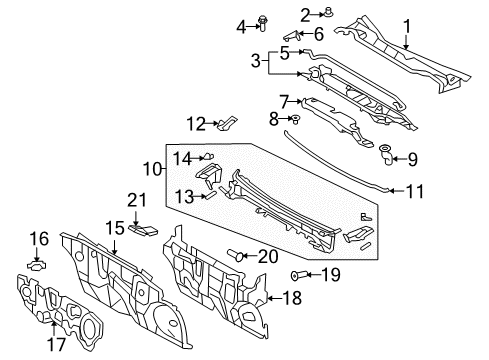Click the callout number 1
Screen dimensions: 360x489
[407, 26]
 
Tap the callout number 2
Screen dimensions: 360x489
[277, 13]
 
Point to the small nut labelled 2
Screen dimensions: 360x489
[300, 14]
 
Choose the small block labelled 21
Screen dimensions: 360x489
[143, 230]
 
